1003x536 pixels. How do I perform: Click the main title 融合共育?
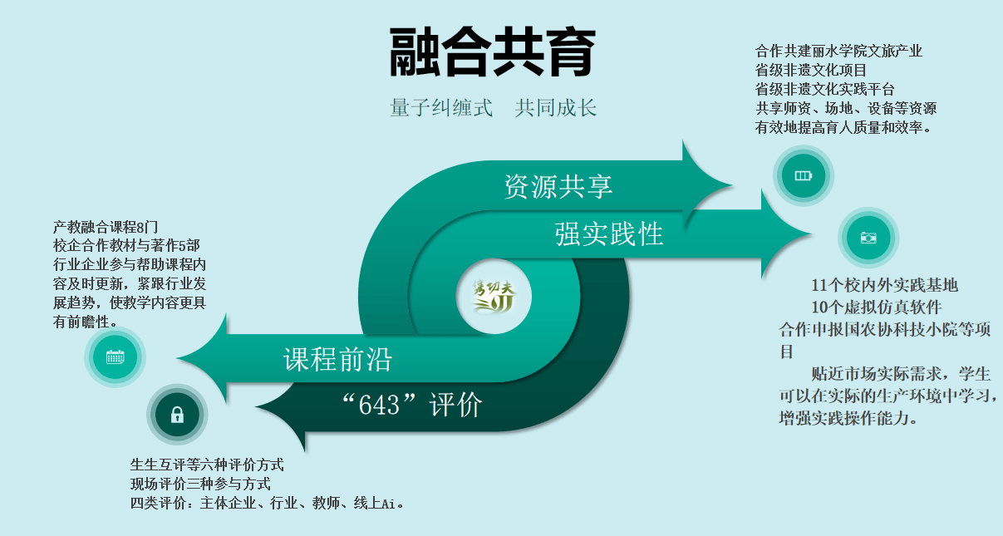tap(492, 52)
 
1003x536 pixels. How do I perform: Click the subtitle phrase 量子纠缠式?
tap(441, 108)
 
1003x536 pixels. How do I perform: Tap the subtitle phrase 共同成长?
tap(556, 108)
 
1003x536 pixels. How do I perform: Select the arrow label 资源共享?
tap(558, 186)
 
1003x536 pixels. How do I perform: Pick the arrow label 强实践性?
tap(609, 234)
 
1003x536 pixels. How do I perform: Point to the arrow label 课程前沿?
tap(337, 359)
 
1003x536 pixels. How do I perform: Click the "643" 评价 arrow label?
tap(412, 405)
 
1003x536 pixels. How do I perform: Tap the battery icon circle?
tap(803, 175)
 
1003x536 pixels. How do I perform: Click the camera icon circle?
tap(868, 238)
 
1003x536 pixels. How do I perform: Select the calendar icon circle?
tap(115, 357)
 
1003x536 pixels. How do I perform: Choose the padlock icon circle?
tap(177, 415)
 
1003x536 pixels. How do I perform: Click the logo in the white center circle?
tap(494, 297)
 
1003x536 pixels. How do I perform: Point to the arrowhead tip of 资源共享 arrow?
tap(731, 184)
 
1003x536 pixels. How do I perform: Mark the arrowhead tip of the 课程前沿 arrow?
tap(177, 358)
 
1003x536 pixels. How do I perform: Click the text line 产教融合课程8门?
tap(106, 227)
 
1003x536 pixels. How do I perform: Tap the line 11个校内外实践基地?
tap(884, 285)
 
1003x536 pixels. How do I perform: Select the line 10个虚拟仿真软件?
tap(877, 307)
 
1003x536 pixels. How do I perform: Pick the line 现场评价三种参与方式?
tap(200, 484)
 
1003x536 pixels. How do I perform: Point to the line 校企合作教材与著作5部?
tap(126, 245)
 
